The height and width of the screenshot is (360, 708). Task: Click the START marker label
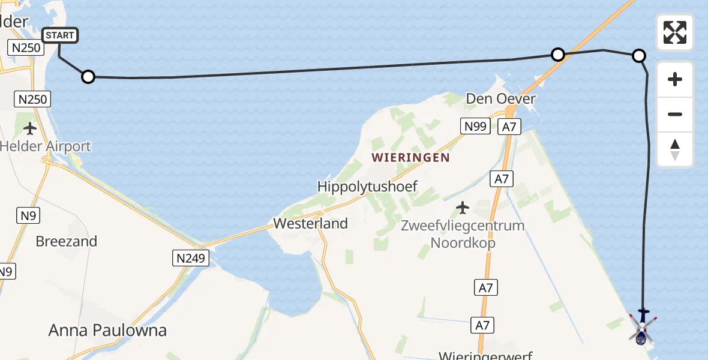coord(60,35)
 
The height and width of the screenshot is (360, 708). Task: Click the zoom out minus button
coord(675,114)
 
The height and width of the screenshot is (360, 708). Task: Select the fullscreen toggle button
coord(675,32)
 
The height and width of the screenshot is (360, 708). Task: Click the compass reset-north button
coord(675,149)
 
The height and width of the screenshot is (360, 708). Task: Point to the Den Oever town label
coord(501,98)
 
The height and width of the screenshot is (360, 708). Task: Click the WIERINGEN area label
coord(410,158)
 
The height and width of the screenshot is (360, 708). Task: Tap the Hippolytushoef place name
coord(367,187)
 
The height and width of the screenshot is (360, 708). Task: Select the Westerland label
coord(310,224)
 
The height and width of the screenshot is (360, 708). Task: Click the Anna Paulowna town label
coord(107,330)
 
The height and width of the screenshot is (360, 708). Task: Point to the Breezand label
coord(67,241)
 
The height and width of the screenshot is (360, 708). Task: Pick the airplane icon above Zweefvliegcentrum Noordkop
coord(462,208)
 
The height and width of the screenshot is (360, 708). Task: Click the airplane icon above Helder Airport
coord(29,128)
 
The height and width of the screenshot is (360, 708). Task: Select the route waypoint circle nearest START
coord(88,77)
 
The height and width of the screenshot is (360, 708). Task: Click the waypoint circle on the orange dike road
coord(558,55)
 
